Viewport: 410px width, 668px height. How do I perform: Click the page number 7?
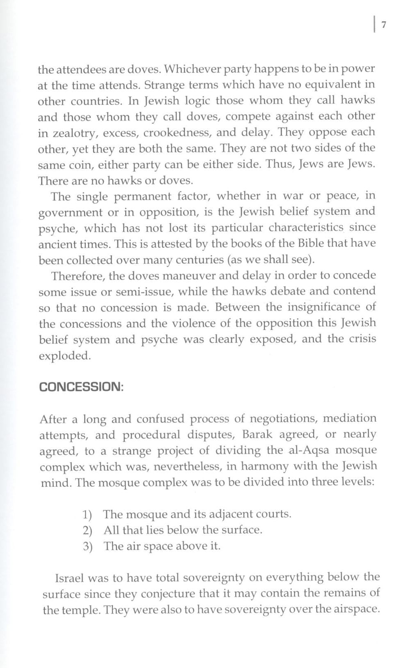[384, 25]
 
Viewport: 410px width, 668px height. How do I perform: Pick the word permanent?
[142, 196]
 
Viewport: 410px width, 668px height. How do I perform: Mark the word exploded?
[65, 356]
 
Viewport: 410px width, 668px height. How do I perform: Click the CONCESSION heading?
[81, 387]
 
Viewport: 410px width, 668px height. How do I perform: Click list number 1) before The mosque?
[87, 515]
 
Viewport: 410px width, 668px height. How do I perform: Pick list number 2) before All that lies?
[87, 530]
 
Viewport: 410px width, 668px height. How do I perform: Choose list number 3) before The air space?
[87, 546]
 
